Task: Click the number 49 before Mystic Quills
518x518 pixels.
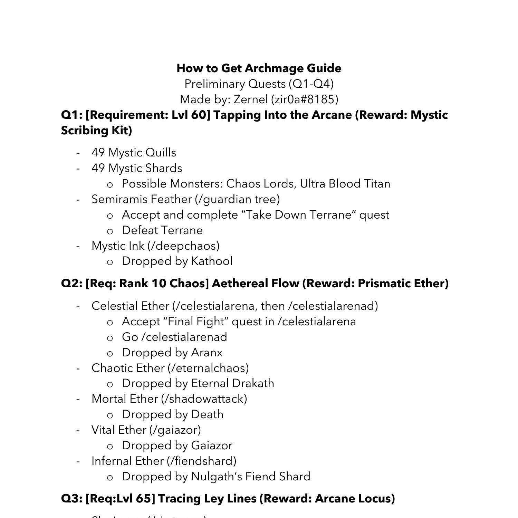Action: [x=98, y=153]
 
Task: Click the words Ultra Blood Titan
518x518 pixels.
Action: [x=345, y=184]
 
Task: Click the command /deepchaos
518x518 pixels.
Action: [x=183, y=246]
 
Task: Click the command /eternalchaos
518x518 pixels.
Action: [x=208, y=368]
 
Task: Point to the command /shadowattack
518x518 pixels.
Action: [x=204, y=399]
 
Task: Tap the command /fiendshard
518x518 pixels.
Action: [x=201, y=461]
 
